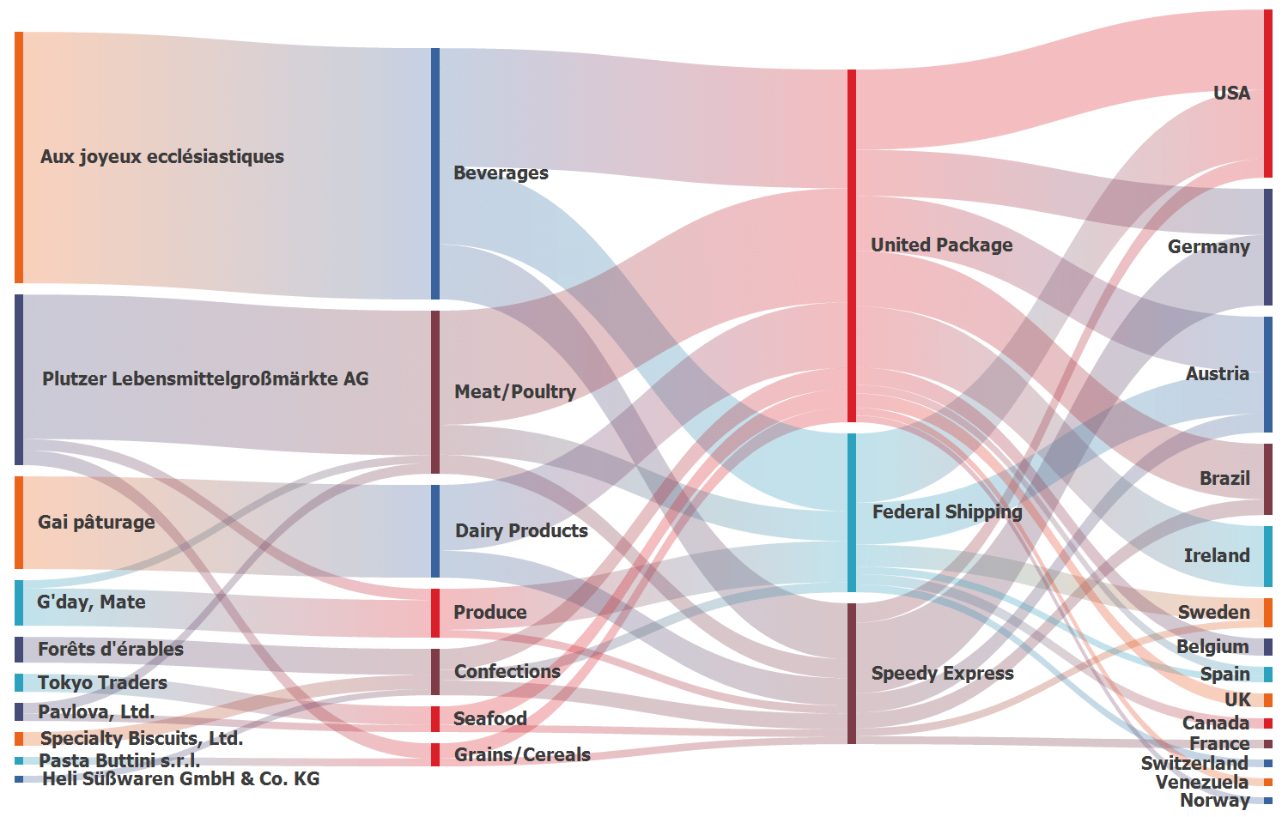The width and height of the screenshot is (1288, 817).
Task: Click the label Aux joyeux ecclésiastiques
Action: [x=161, y=156]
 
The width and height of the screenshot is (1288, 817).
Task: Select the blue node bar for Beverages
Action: [x=435, y=173]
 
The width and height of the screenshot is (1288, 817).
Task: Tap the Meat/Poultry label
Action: [x=514, y=391]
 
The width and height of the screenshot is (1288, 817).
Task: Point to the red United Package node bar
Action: [x=852, y=245]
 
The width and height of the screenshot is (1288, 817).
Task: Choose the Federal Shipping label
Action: [x=946, y=511]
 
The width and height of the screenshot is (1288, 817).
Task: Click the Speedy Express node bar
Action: [x=852, y=673]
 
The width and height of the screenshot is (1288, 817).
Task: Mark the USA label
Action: [x=1231, y=93]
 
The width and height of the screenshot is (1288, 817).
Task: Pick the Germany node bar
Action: [x=1268, y=246]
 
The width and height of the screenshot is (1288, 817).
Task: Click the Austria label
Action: [x=1217, y=373]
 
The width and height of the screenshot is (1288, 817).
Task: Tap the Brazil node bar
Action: [x=1268, y=479]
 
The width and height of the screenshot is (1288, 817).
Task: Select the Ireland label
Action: [x=1216, y=555]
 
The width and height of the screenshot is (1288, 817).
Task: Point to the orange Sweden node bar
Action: [x=1268, y=613]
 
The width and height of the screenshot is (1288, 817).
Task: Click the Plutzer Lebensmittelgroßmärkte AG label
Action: [x=205, y=378]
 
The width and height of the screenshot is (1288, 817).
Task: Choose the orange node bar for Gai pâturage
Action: [x=19, y=522]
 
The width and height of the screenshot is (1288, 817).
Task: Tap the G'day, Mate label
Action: [x=91, y=602]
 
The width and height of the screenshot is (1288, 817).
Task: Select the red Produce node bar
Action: [x=435, y=613]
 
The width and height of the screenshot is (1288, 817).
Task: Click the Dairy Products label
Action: [x=521, y=530]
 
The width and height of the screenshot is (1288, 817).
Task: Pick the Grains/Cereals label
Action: [x=522, y=754]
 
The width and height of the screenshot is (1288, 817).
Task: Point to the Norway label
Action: [x=1214, y=800]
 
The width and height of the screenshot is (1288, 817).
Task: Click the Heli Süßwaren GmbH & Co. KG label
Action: [x=180, y=778]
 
